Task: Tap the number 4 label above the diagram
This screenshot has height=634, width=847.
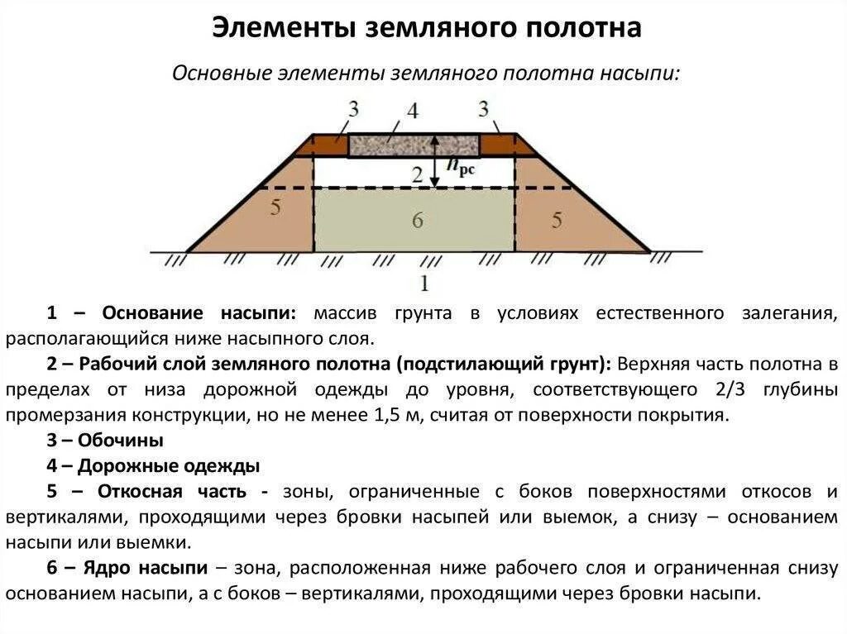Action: pos(412,112)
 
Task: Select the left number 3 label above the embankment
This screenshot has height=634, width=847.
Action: pos(353,108)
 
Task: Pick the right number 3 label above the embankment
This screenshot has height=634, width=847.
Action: pos(483,108)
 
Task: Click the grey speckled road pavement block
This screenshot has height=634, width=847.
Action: pos(413,145)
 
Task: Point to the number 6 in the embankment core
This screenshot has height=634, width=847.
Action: pos(417,220)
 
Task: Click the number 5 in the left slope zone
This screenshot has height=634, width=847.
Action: pos(275,207)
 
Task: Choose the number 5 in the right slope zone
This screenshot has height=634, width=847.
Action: pos(557,219)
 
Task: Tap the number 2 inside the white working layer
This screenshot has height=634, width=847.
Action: pos(417,174)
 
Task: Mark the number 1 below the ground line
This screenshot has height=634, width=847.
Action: pos(423,283)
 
